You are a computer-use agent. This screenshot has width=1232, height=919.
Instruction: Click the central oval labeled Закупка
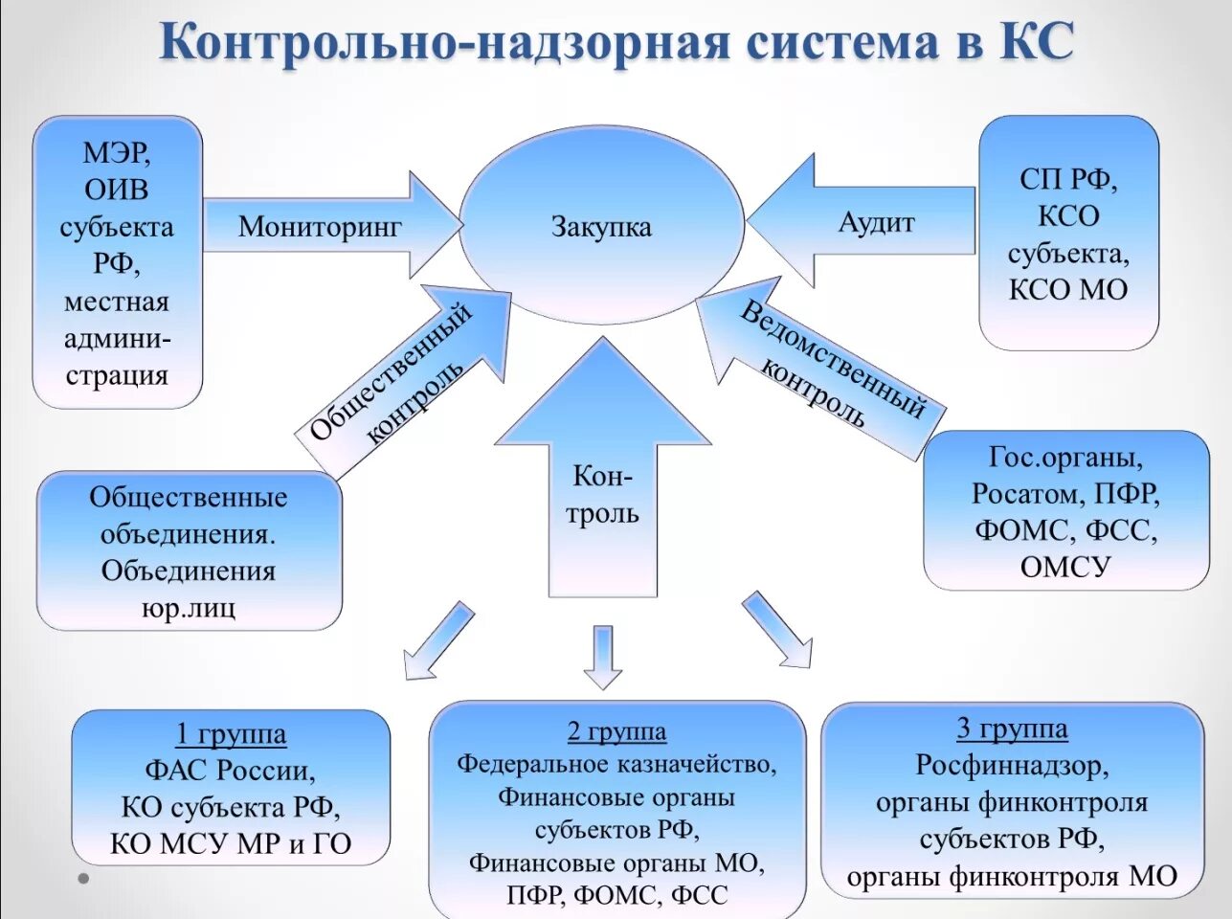tap(601, 226)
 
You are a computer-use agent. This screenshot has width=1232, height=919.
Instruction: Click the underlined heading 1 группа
tap(231, 734)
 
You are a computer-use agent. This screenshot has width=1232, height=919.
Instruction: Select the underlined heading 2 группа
tap(616, 731)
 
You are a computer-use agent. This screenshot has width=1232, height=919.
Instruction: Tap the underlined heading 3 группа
tap(1012, 728)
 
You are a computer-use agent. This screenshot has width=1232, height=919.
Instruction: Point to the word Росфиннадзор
tap(1012, 766)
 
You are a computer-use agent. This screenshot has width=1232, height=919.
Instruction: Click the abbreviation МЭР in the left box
tap(117, 153)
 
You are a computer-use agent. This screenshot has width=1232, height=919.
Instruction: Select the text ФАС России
tap(230, 771)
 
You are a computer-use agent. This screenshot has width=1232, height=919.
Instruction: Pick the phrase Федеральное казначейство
tap(616, 764)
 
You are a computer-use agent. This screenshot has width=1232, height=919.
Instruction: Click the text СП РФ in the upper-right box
tap(1068, 179)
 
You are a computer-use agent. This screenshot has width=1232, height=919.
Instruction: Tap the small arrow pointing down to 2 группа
tap(603, 658)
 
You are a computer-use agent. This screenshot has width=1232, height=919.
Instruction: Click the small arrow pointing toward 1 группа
tap(437, 641)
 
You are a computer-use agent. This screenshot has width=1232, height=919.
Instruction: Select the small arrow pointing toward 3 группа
tap(777, 629)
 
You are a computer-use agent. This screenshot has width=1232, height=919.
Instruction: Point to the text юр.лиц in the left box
tap(189, 608)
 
